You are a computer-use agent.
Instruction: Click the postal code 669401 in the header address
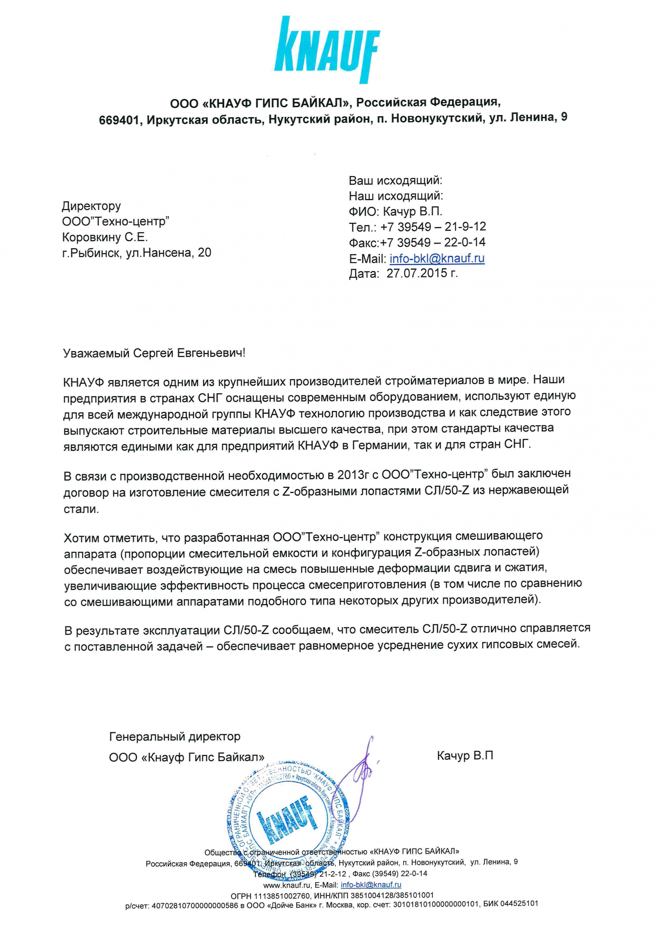pyautogui.click(x=119, y=120)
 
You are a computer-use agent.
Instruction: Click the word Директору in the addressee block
pyautogui.click(x=91, y=206)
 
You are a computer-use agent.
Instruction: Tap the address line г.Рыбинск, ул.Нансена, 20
pyautogui.click(x=136, y=253)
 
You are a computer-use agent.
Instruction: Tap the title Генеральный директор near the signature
pyautogui.click(x=175, y=737)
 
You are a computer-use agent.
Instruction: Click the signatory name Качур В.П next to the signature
pyautogui.click(x=464, y=755)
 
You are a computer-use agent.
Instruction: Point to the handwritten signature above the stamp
pyautogui.click(x=357, y=766)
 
